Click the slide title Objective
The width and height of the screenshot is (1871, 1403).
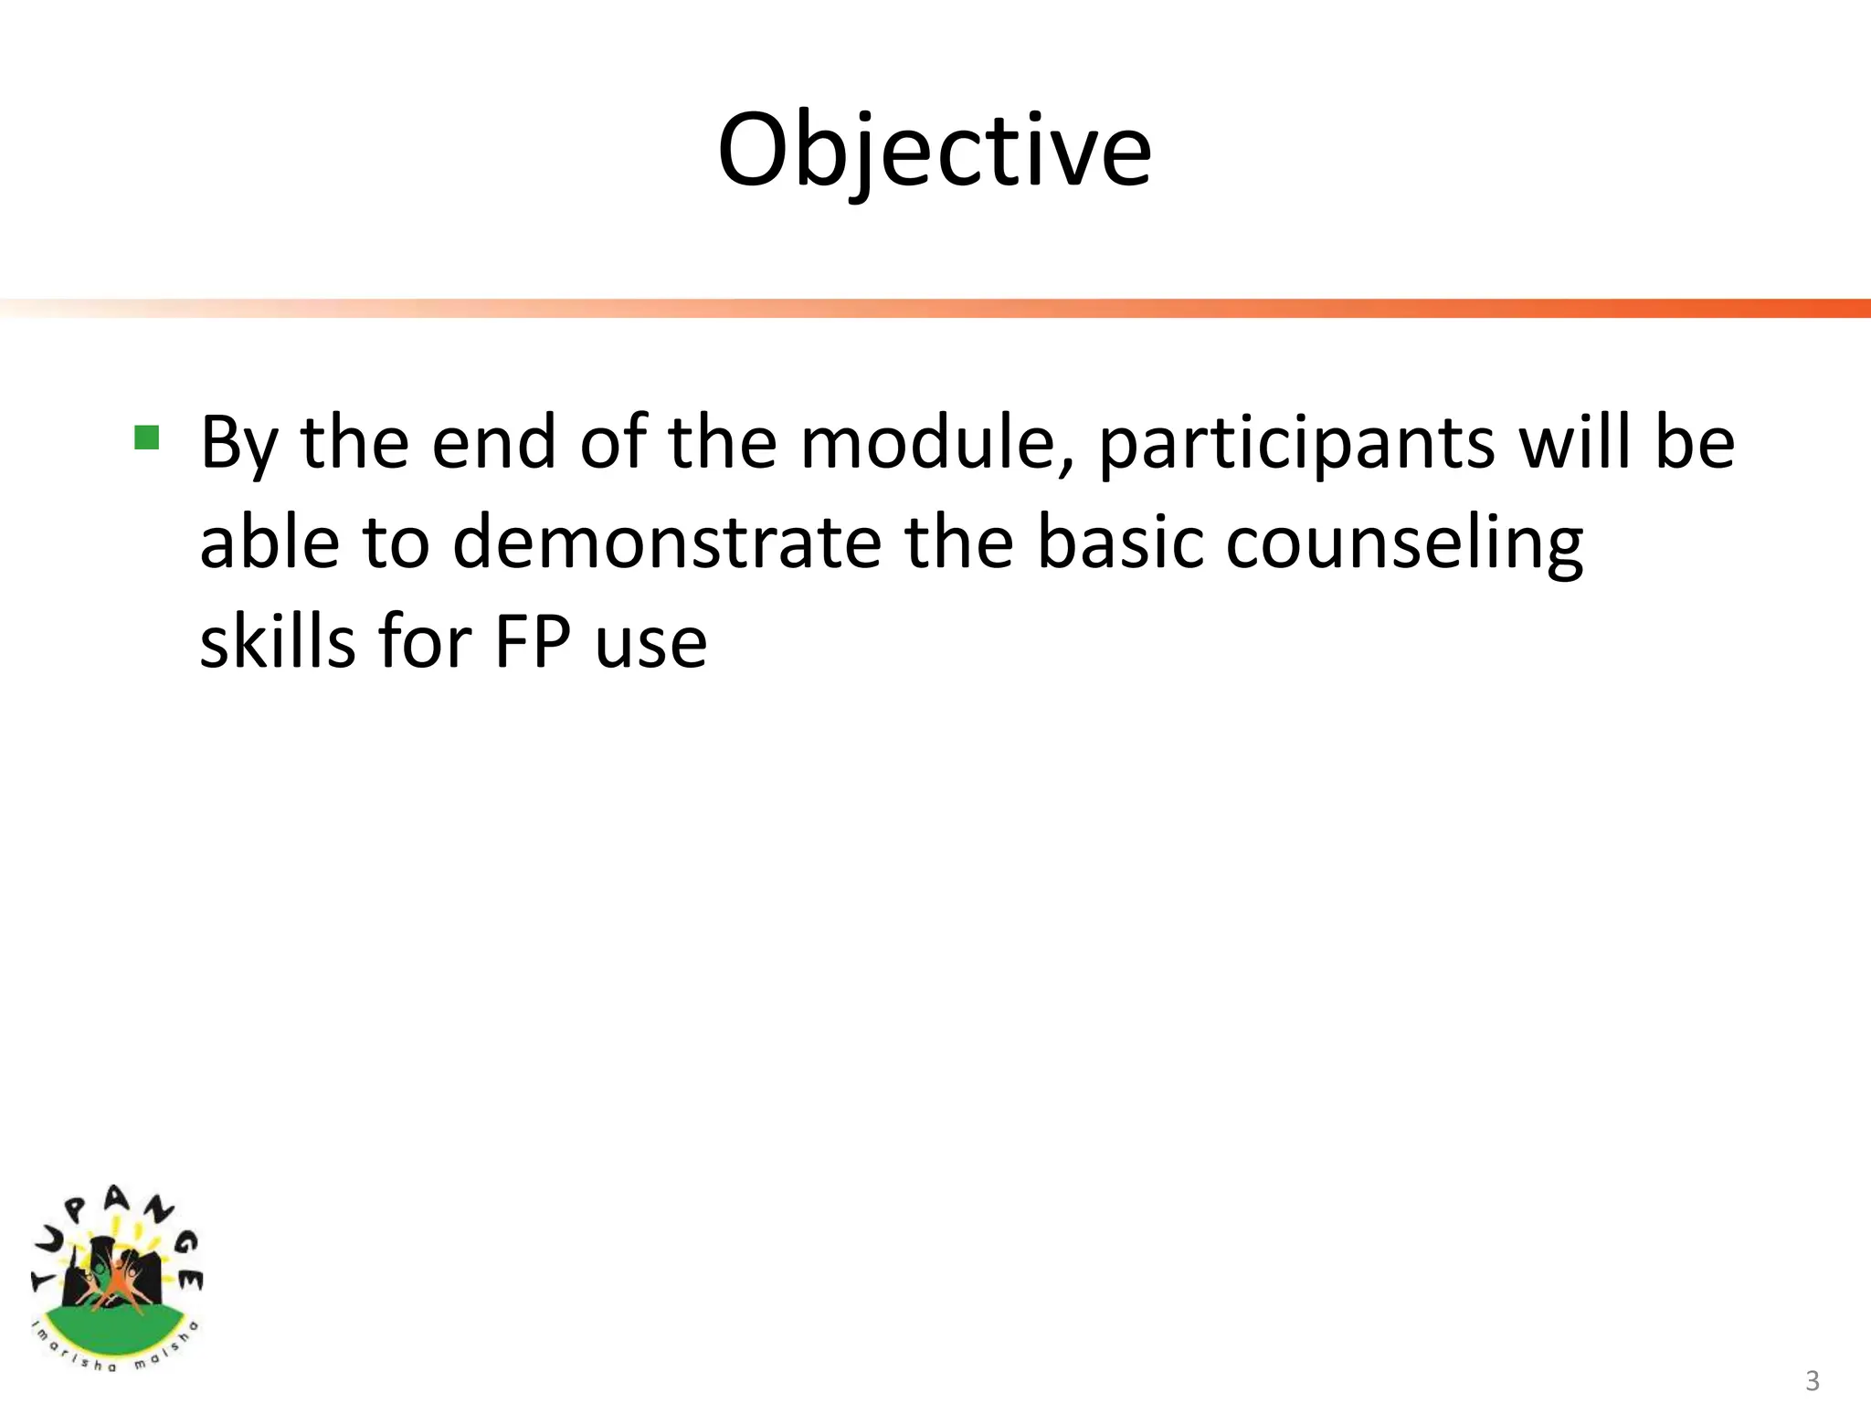[x=934, y=150]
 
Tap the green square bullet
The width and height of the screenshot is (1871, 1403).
[x=146, y=438]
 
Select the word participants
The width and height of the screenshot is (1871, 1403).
[x=1296, y=445]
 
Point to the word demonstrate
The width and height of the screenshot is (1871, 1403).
[x=667, y=543]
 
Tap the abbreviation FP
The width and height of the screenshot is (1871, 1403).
[x=533, y=642]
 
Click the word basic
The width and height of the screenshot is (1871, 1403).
[x=1120, y=543]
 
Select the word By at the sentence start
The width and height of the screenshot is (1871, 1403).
[x=238, y=445]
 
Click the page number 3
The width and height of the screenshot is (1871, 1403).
[x=1813, y=1380]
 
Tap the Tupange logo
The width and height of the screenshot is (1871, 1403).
[x=116, y=1278]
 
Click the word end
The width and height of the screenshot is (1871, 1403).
[x=494, y=443]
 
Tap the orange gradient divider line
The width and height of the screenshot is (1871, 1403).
[x=935, y=308]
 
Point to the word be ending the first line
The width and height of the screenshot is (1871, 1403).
[x=1696, y=443]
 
